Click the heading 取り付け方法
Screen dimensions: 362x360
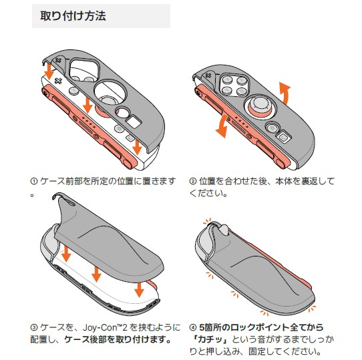coord(73,16)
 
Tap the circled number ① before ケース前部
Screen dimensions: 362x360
coord(33,181)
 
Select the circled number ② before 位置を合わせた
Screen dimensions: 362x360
coord(193,181)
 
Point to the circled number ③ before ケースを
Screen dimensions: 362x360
coord(33,327)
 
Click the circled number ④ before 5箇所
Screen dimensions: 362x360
coord(193,327)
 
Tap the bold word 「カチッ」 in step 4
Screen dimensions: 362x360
coord(210,339)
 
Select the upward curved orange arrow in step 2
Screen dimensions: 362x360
coord(285,94)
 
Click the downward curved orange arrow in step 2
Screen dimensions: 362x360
coord(222,126)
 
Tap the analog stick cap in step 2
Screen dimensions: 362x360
coord(260,103)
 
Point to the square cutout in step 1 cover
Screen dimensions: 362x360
coord(134,122)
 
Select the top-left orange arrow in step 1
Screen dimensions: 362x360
coord(49,71)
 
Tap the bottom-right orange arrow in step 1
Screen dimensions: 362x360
coord(138,147)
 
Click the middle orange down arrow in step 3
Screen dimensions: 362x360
coord(96,274)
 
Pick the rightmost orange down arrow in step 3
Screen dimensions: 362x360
coord(139,290)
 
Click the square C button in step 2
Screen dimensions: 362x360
coord(283,138)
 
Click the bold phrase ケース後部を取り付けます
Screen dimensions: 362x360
coord(118,339)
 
